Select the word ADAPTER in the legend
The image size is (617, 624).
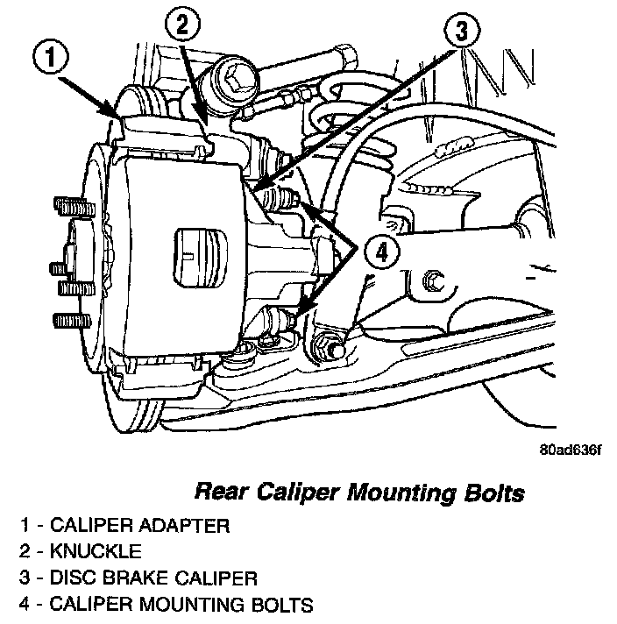pos(182,526)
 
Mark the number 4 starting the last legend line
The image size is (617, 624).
pos(28,605)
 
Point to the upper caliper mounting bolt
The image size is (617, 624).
pos(282,198)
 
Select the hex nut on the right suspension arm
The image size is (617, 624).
pos(432,282)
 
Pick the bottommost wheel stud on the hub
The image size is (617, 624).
pos(67,316)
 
